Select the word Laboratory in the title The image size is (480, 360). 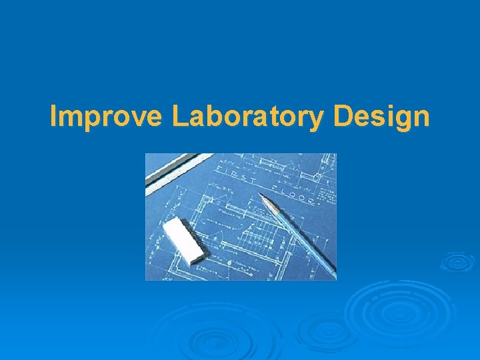(x=248, y=117)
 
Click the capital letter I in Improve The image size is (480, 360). (x=54, y=117)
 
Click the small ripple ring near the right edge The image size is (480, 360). (x=457, y=261)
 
